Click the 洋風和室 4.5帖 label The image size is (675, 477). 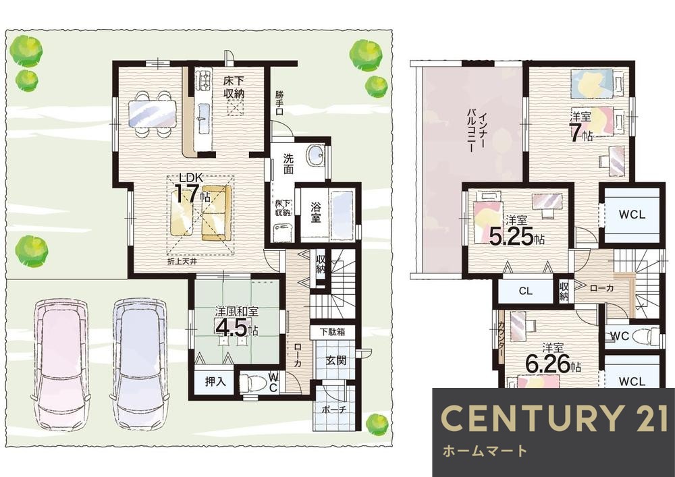click(x=236, y=322)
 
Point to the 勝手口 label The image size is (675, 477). click(x=280, y=103)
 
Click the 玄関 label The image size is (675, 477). click(x=335, y=360)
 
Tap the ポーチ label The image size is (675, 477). click(x=334, y=409)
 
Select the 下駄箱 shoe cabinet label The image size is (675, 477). click(x=332, y=332)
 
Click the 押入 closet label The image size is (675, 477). click(x=215, y=381)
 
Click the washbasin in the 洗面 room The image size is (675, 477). click(x=316, y=155)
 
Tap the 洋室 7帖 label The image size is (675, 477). click(x=580, y=126)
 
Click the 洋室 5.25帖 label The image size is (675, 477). click(x=517, y=230)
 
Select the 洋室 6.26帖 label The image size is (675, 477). click(x=553, y=358)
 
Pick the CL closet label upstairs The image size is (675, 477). click(x=526, y=291)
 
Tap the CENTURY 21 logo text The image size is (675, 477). click(x=554, y=418)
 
